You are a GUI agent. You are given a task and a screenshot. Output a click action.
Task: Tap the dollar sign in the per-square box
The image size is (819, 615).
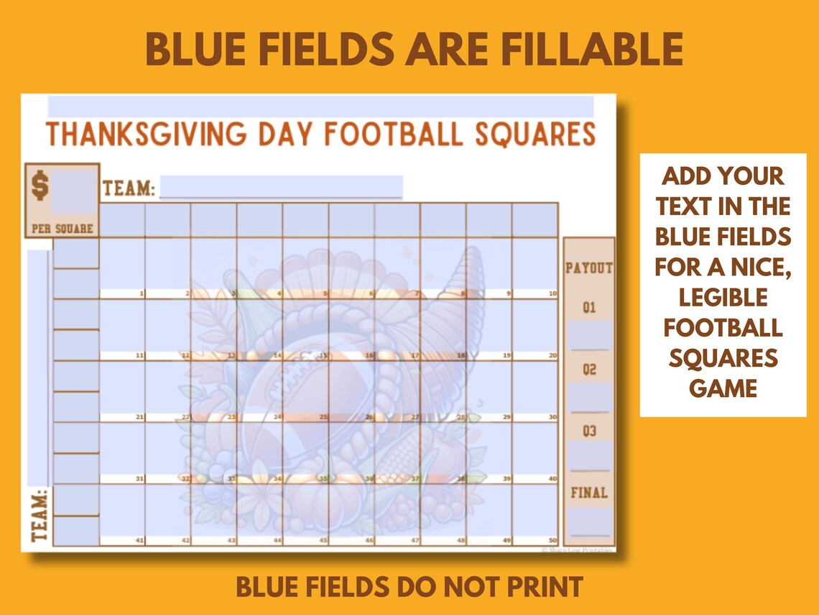click(x=40, y=186)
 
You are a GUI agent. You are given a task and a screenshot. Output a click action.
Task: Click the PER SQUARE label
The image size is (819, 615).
click(x=63, y=229)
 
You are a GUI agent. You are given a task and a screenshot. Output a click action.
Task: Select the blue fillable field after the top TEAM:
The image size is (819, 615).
click(x=281, y=187)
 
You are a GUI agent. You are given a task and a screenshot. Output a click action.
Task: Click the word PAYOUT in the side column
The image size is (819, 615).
click(x=589, y=268)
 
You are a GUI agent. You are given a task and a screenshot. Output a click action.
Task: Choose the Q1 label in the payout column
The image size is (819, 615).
click(x=589, y=308)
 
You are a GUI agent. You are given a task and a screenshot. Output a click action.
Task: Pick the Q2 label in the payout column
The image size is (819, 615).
click(x=589, y=370)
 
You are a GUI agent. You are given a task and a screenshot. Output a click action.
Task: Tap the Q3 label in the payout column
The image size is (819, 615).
click(x=589, y=432)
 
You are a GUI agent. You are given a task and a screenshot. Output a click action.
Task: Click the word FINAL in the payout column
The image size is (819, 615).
click(x=589, y=493)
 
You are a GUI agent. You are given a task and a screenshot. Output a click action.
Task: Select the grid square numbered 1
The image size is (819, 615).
click(x=122, y=268)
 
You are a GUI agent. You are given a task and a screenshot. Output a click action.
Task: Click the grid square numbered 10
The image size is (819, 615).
click(x=535, y=268)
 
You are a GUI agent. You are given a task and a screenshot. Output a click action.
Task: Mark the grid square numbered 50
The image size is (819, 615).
click(x=535, y=514)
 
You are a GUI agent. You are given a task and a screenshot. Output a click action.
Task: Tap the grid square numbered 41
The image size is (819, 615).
click(x=122, y=514)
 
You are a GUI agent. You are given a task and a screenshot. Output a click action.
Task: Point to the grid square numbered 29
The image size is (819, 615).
click(x=489, y=391)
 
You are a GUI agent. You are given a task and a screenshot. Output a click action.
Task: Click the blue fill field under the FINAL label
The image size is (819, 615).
click(x=589, y=521)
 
